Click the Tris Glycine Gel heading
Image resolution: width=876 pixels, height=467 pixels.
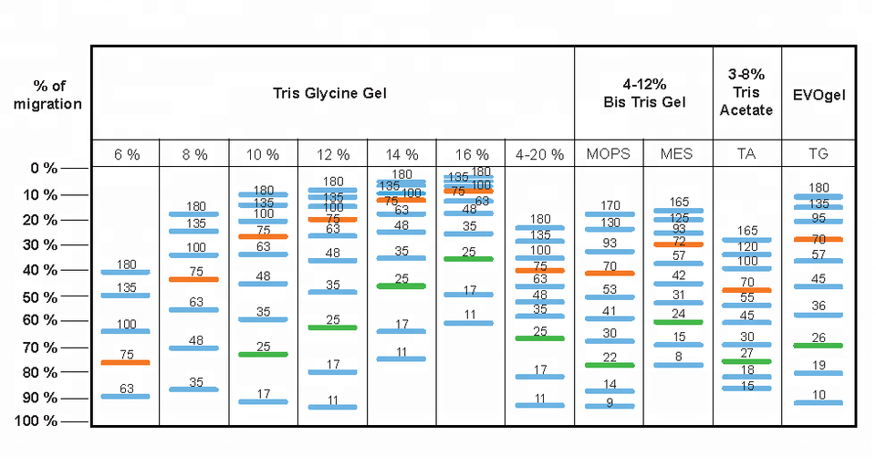tap(332, 93)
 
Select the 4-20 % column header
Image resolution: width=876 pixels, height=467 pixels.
tap(539, 154)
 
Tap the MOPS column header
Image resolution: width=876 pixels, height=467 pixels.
tap(609, 154)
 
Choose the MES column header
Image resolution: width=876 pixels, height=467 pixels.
tap(679, 154)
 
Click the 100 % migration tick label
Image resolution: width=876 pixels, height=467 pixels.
tap(36, 421)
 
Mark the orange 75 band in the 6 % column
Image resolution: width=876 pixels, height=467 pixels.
tap(125, 362)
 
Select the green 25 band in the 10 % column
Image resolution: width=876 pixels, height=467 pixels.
tap(263, 354)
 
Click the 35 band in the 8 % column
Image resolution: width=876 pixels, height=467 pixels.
tap(193, 389)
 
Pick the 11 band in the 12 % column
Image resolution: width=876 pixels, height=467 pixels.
tap(332, 406)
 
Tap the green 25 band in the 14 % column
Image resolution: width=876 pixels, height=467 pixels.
tap(401, 285)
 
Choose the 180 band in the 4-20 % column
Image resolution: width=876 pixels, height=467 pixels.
tap(539, 227)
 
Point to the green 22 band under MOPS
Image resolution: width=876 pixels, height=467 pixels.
tap(609, 364)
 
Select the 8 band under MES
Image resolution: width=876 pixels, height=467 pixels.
tap(679, 365)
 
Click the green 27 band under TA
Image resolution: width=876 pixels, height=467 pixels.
tap(746, 361)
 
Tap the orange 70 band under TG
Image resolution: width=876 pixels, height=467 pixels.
tap(819, 239)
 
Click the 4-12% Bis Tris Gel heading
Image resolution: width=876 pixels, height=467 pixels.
tap(644, 93)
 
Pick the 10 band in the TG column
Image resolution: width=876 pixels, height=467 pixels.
tap(819, 402)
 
